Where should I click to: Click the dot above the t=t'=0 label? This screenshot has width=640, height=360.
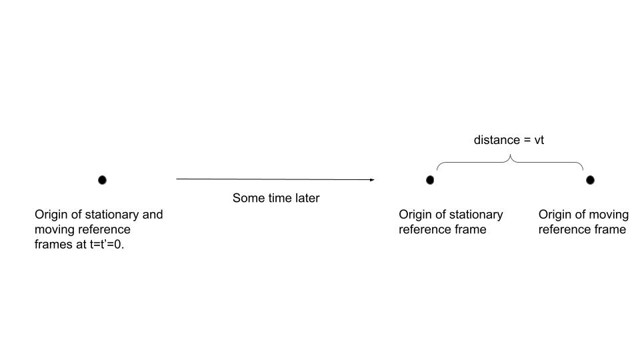point(102,180)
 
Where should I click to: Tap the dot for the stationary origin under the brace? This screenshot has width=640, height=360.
point(430,180)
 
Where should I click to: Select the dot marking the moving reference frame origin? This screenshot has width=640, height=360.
point(590,180)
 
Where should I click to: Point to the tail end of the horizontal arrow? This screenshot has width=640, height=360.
point(176,179)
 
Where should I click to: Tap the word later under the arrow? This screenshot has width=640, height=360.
point(306,198)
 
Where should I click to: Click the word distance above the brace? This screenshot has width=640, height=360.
point(497,140)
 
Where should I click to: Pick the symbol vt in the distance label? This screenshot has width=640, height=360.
point(539,141)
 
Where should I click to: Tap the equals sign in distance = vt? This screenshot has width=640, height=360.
point(527,141)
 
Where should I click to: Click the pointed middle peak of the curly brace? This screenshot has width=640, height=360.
point(510,155)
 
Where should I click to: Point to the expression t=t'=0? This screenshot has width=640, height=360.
point(107,244)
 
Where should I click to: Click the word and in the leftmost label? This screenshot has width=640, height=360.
point(153,214)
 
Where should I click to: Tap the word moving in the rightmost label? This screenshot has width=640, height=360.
point(607,215)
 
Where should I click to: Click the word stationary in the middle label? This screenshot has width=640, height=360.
point(478,215)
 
